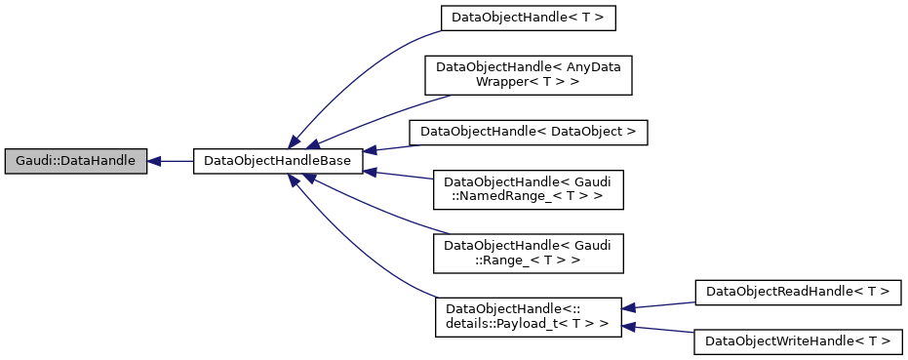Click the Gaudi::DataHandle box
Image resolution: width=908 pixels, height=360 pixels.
pos(75,162)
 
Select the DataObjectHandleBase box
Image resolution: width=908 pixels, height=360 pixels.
pos(278,162)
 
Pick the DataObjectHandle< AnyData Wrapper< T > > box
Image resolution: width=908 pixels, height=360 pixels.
pos(528,74)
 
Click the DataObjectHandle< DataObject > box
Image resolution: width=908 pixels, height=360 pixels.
pos(528,131)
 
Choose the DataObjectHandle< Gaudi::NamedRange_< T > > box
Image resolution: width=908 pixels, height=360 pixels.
pos(528,188)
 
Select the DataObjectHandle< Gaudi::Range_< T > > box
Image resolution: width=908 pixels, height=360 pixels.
pos(528,253)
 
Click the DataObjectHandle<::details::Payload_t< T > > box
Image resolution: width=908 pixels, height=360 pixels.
pos(528,317)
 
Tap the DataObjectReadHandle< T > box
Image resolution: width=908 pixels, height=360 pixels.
pos(798,292)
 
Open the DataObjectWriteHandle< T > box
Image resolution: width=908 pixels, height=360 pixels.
pos(798,342)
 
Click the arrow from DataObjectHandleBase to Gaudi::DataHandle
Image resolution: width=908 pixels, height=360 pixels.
pos(171,162)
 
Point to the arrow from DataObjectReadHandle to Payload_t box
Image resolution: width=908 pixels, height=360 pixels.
pos(658,304)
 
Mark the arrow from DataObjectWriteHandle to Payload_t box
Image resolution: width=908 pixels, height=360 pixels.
pos(658,330)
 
